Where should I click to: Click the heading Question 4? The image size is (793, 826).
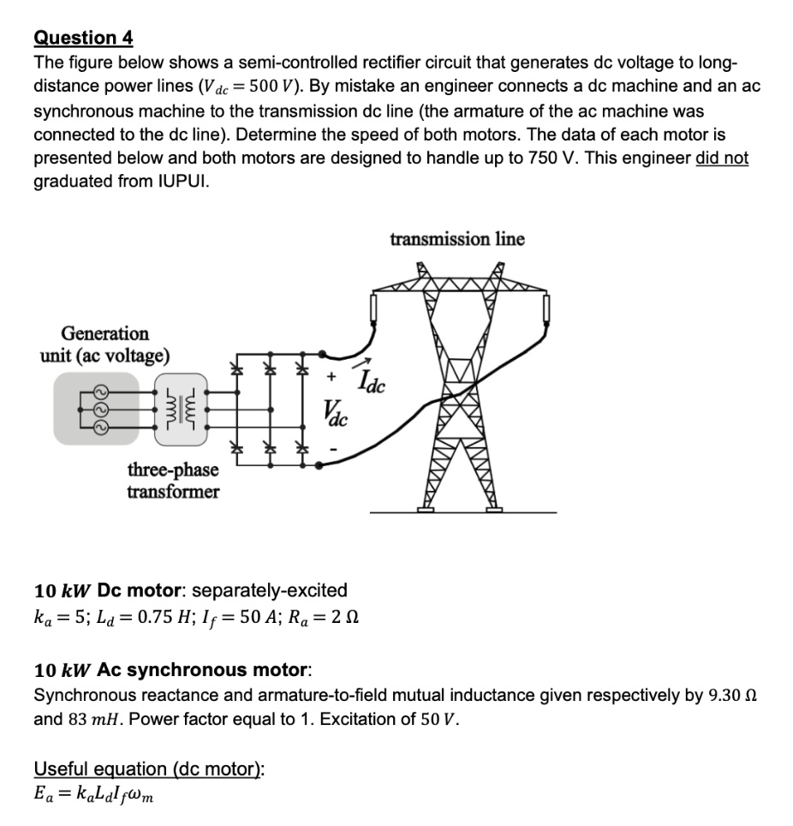pyautogui.click(x=83, y=38)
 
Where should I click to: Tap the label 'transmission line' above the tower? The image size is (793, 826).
pyautogui.click(x=456, y=238)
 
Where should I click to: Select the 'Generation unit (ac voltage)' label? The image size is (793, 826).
pyautogui.click(x=104, y=344)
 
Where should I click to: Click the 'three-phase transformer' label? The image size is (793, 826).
pyautogui.click(x=172, y=480)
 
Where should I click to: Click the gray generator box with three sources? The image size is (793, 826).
pyautogui.click(x=96, y=408)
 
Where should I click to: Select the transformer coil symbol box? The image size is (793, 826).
pyautogui.click(x=181, y=409)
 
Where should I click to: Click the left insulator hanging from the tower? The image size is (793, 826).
pyautogui.click(x=373, y=307)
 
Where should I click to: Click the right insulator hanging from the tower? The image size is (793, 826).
pyautogui.click(x=545, y=307)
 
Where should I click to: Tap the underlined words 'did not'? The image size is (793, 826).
pyautogui.click(x=723, y=158)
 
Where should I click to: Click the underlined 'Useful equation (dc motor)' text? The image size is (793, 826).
pyautogui.click(x=149, y=769)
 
